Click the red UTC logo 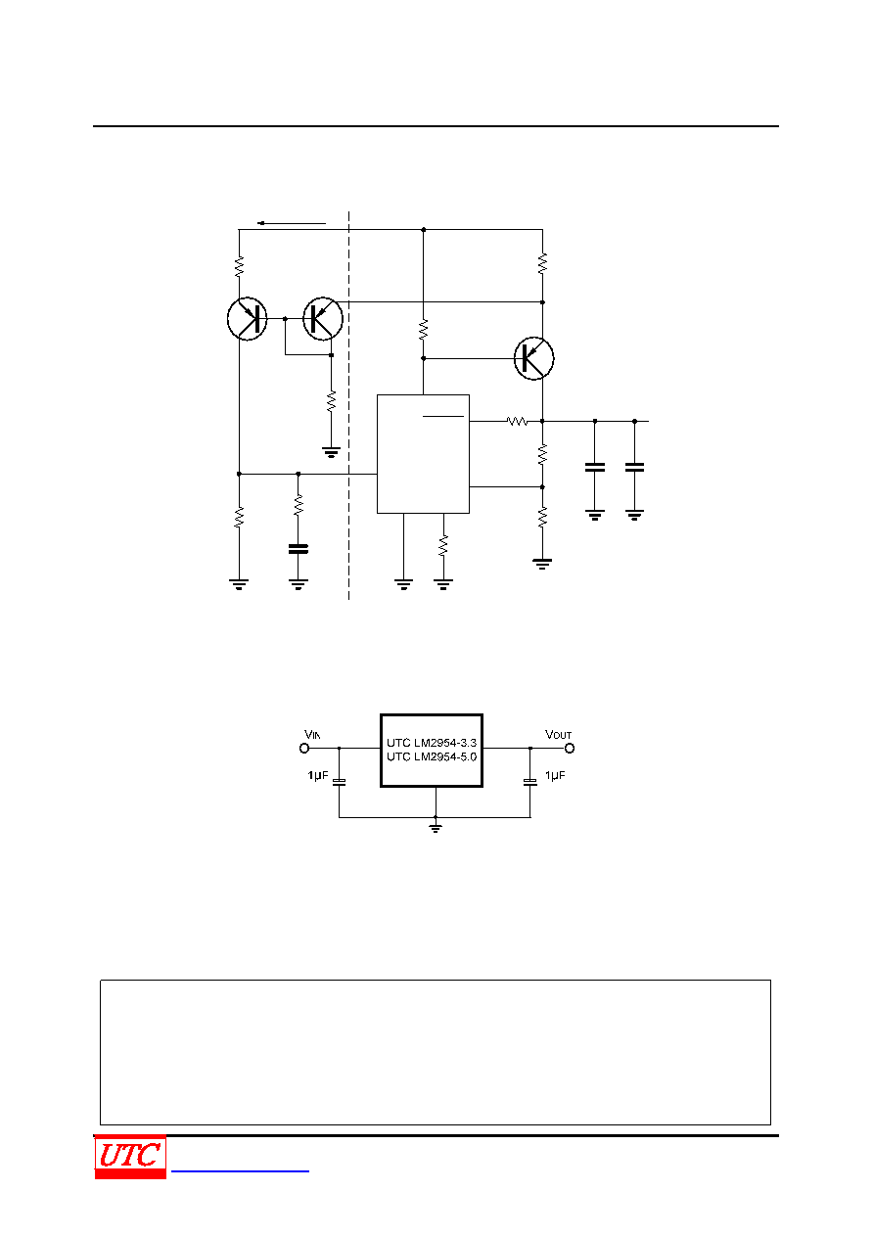click(x=130, y=1156)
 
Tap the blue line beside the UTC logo click(x=240, y=1170)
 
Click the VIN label click(x=312, y=734)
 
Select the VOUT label click(x=558, y=734)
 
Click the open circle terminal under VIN click(x=304, y=749)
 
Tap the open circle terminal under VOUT click(x=570, y=749)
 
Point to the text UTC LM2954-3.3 click(x=432, y=743)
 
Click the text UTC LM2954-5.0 click(x=432, y=756)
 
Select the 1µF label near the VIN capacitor click(x=318, y=776)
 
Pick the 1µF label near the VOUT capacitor click(x=555, y=776)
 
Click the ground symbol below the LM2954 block click(x=436, y=827)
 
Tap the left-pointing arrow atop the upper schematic click(x=292, y=223)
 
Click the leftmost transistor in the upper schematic click(x=248, y=319)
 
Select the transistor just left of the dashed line click(x=323, y=319)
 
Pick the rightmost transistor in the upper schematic click(x=533, y=358)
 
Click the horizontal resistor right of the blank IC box click(x=517, y=422)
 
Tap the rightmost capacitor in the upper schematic click(x=634, y=468)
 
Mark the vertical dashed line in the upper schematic click(x=348, y=405)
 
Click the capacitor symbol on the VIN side click(x=339, y=781)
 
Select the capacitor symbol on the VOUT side click(x=530, y=781)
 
